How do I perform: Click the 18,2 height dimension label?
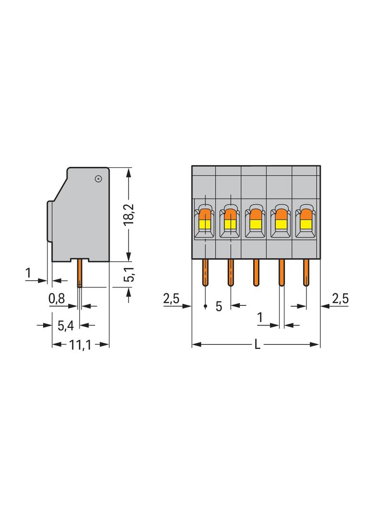point(129,214)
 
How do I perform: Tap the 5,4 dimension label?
point(65,325)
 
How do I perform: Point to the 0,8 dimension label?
point(57,299)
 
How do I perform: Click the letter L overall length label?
point(257,345)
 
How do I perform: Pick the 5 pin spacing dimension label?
point(219,306)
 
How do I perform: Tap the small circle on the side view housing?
point(98,179)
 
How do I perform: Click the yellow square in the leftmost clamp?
point(204,223)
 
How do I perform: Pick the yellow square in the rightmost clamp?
point(305,223)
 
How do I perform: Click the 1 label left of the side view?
point(29,273)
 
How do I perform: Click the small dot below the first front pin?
point(205,305)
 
